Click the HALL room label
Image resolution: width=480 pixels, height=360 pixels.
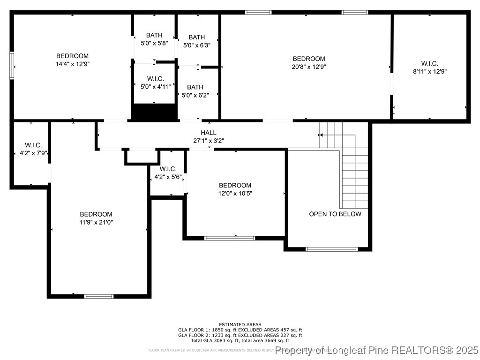209,133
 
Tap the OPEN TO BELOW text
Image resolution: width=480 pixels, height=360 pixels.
335,214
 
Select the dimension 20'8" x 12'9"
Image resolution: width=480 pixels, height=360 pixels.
309,67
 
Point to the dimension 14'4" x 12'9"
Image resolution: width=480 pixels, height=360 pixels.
72,64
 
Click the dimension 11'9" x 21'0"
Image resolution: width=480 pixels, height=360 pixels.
96,222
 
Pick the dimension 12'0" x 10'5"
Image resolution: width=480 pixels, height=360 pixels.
235,193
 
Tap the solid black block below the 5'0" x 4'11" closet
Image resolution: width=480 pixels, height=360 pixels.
155,112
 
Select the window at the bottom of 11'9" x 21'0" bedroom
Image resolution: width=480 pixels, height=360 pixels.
98,296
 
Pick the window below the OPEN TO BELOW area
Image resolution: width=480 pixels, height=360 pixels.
331,249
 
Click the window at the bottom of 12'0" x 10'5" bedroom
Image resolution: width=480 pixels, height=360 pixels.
230,238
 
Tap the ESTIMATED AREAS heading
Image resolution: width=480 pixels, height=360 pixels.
240,324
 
